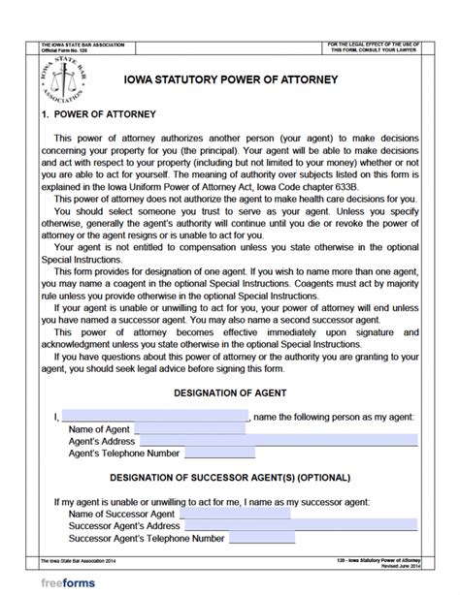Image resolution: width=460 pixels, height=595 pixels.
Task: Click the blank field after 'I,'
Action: pos(154,415)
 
